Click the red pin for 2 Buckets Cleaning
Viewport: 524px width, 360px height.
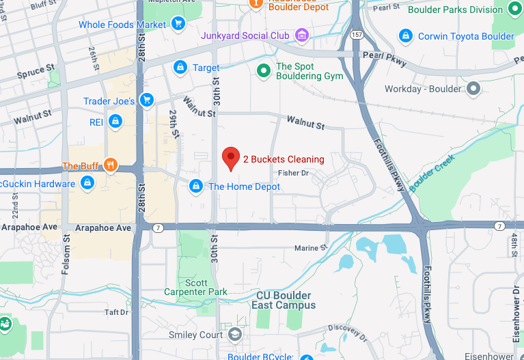coord(231,158)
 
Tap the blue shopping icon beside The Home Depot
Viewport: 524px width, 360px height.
coord(196,186)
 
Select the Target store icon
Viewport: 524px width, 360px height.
coord(180,67)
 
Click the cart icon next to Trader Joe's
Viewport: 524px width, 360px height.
coord(146,100)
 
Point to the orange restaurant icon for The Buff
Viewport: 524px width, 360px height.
coord(109,165)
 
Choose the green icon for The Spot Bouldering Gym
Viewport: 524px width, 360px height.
coord(263,70)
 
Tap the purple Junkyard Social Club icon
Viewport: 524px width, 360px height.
coord(301,35)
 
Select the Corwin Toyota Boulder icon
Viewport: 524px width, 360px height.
coord(406,35)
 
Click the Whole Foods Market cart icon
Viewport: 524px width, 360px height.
coord(178,24)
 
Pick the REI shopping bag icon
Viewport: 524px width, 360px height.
coord(115,122)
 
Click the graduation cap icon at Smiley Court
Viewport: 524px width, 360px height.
coord(235,334)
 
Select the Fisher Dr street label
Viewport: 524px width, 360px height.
coord(294,174)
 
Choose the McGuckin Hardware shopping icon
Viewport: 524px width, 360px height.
coord(87,183)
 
